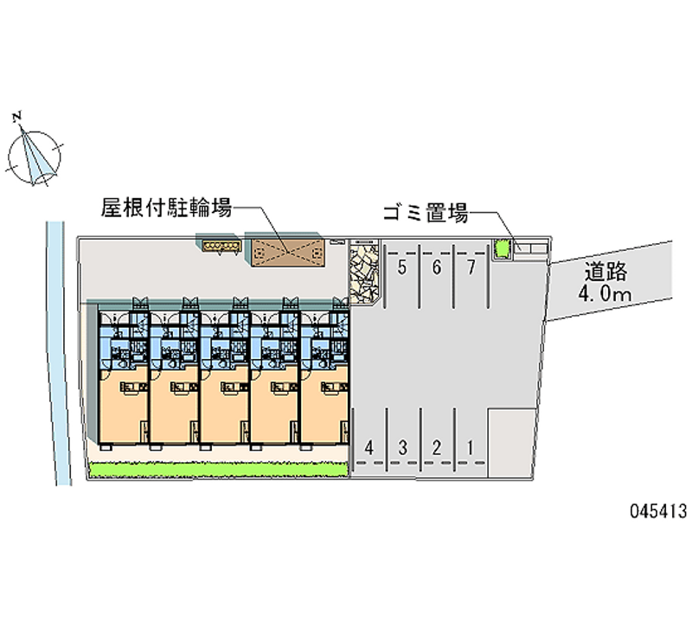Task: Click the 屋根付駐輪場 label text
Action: [166, 208]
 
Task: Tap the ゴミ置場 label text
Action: [426, 213]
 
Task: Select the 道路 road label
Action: [605, 272]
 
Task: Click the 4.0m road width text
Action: [605, 293]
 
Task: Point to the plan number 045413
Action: [658, 511]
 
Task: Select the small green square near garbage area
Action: [502, 249]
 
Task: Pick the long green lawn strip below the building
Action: [219, 469]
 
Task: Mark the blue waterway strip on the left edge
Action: [59, 353]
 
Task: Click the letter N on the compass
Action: [17, 117]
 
